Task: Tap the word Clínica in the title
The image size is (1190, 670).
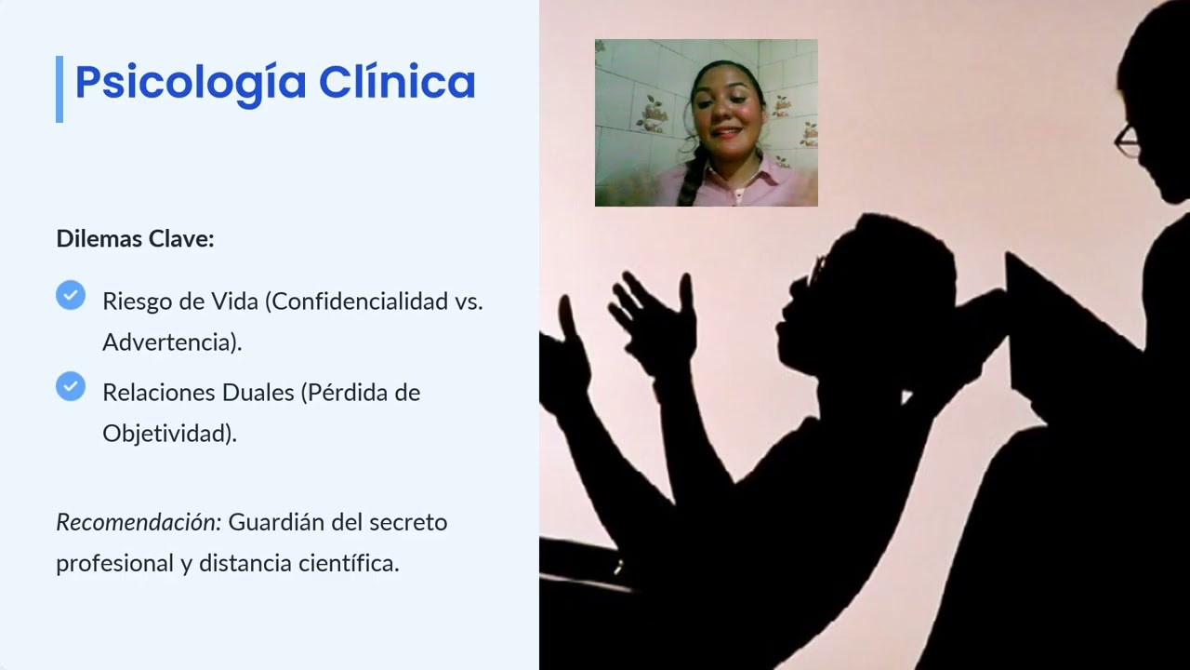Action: pos(397,82)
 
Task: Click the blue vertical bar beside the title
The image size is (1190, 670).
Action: pos(59,88)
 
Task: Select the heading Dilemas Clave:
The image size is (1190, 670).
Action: pos(135,238)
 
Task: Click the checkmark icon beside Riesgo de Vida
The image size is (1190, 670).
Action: pos(71,296)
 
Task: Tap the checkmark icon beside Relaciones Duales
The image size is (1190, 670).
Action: pos(71,386)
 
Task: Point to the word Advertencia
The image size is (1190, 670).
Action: pos(169,342)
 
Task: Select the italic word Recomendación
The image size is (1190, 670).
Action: pos(139,522)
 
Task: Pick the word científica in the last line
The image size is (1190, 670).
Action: pos(344,563)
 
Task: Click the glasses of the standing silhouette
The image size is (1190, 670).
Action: pos(1127,140)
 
